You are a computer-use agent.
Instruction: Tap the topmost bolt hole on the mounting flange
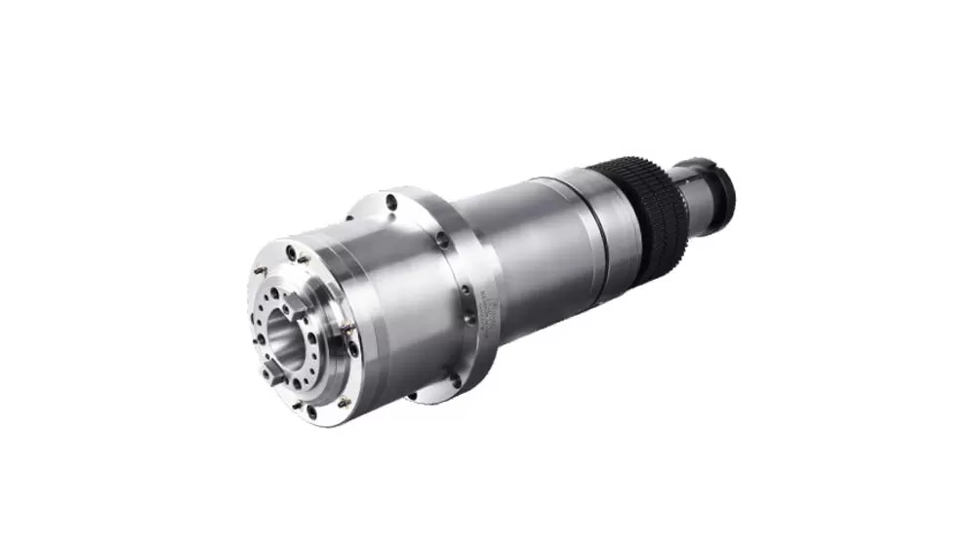pos(391,203)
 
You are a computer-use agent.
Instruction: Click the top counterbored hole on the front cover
pos(291,253)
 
